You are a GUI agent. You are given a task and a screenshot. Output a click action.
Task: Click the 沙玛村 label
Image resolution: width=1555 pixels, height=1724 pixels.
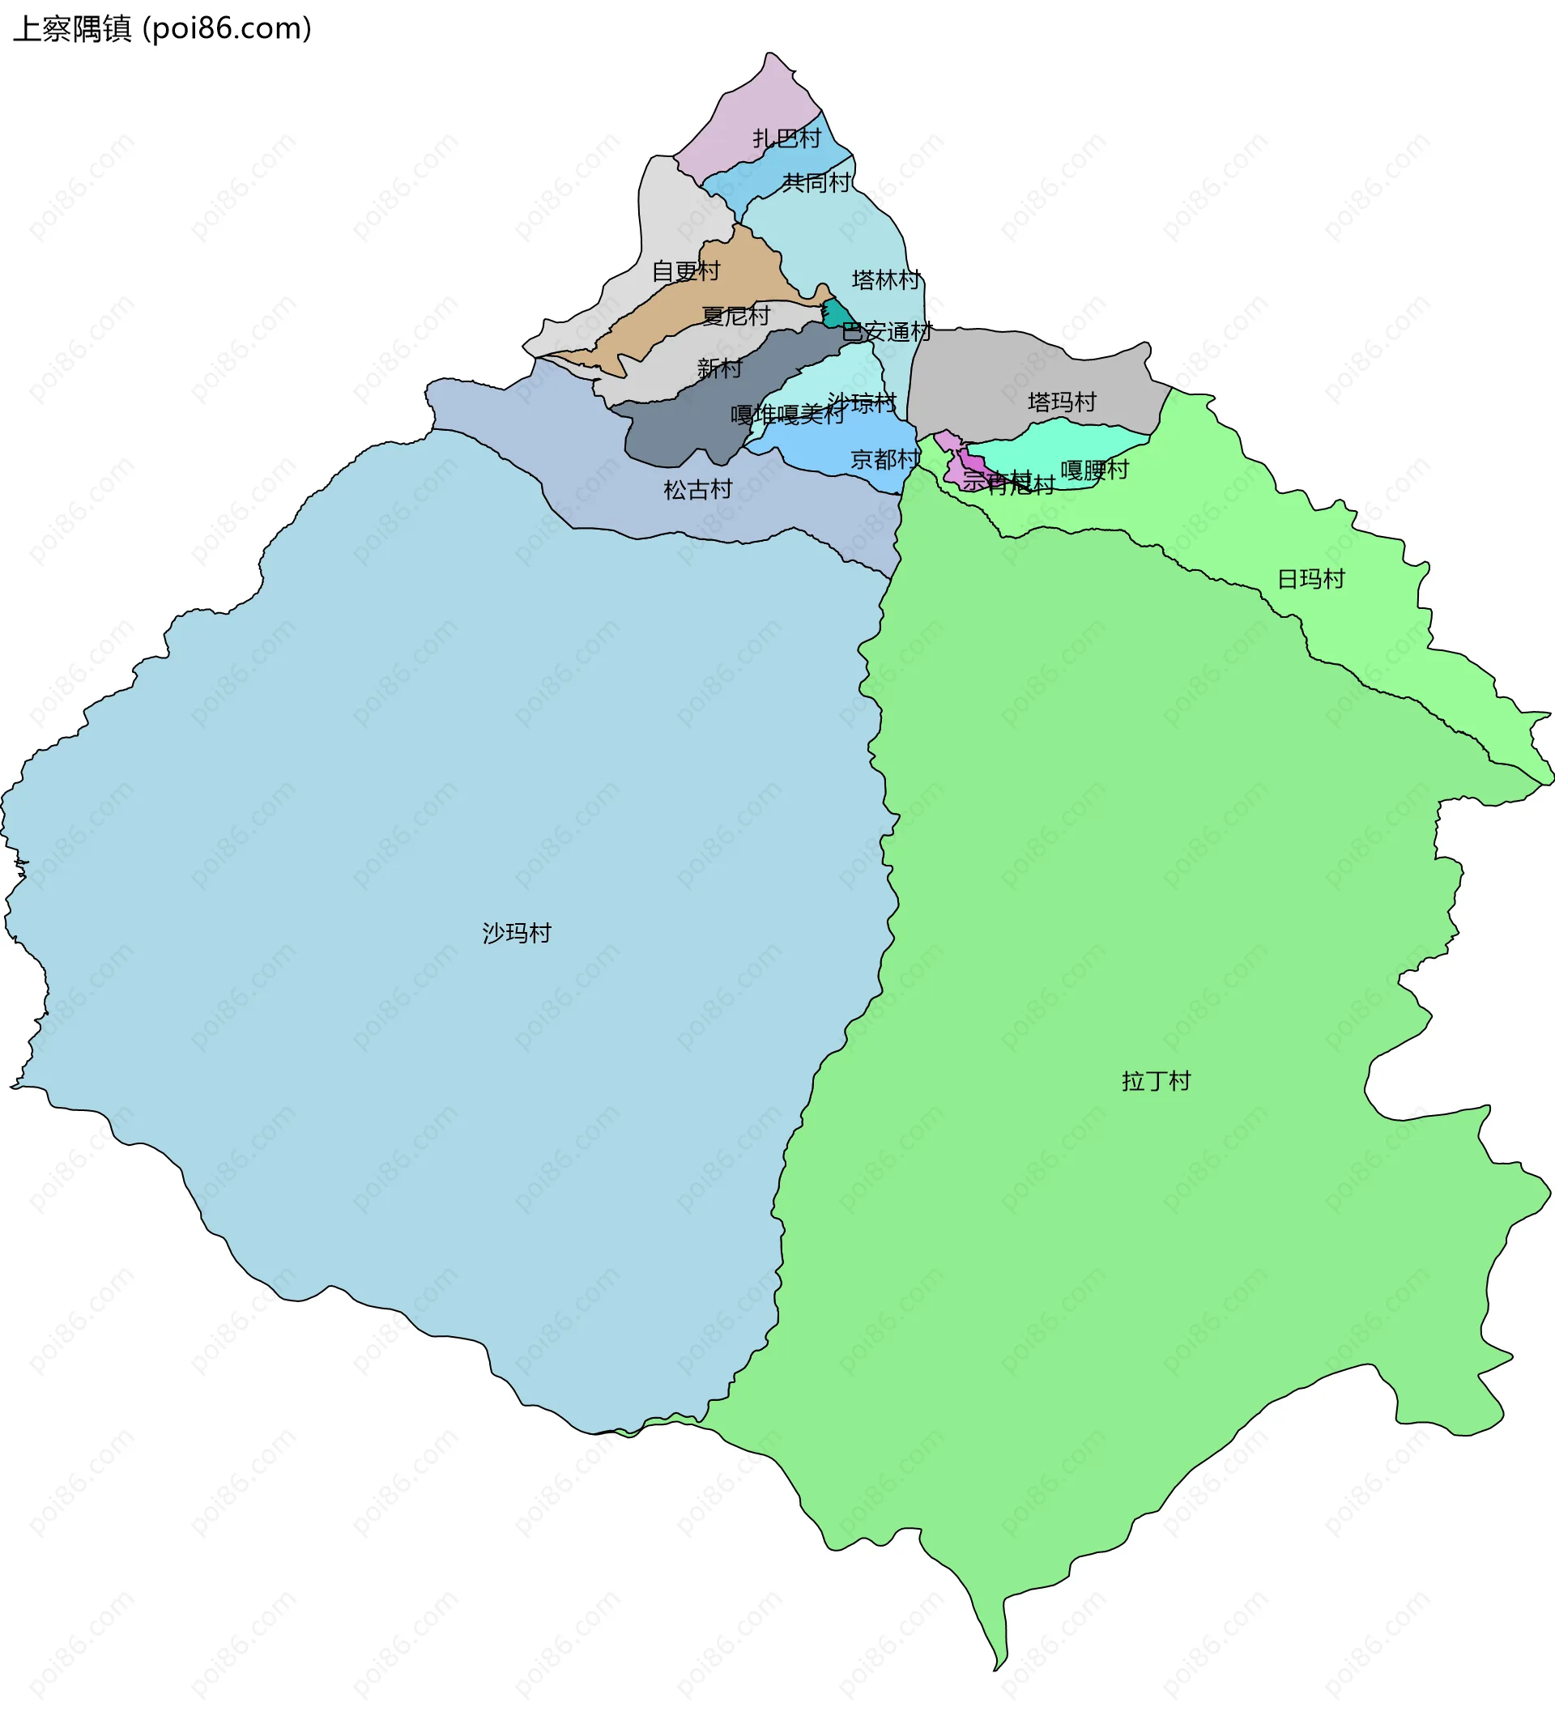(517, 933)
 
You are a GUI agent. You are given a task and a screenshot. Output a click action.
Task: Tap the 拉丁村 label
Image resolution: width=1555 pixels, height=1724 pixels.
(1156, 1082)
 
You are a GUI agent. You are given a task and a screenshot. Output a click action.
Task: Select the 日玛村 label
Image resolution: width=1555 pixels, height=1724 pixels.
(1310, 579)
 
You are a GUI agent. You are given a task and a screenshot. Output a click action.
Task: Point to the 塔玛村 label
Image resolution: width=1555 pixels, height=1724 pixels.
(1062, 402)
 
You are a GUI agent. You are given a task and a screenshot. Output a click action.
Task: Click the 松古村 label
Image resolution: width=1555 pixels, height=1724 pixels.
(698, 490)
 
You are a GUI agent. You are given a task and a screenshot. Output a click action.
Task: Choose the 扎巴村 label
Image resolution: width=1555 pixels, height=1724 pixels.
(787, 138)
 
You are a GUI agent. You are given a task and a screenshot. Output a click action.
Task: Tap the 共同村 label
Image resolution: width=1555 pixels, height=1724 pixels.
(817, 182)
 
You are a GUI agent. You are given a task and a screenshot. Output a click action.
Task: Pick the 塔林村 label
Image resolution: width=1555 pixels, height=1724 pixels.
(886, 279)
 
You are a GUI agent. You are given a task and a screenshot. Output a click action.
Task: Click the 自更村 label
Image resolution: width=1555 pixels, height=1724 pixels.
(686, 271)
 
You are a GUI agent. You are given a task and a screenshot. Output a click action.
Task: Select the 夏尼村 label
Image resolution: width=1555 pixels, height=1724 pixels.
(735, 316)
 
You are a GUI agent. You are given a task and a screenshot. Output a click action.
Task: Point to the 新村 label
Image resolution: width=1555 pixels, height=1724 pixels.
(719, 368)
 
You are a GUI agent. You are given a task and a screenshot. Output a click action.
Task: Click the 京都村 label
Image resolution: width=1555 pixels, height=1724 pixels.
(885, 460)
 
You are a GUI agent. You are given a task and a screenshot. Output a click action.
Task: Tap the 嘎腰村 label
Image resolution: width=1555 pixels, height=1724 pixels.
(1094, 470)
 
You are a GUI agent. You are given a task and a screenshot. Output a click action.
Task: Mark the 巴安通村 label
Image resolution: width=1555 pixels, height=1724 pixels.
(887, 331)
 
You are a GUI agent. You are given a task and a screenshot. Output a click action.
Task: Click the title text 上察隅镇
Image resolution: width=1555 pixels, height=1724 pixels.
(73, 29)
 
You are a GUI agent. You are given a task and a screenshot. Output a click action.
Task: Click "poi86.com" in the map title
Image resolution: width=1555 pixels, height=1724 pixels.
(228, 29)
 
